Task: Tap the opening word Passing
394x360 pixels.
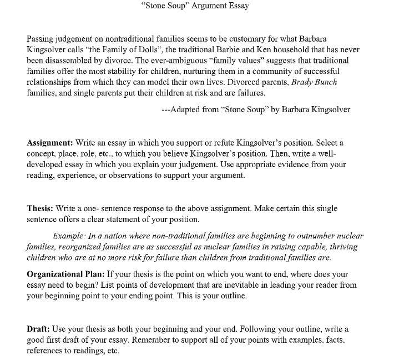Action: (41, 39)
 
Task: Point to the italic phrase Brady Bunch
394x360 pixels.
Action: (314, 82)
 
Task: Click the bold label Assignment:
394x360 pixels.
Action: (49, 143)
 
